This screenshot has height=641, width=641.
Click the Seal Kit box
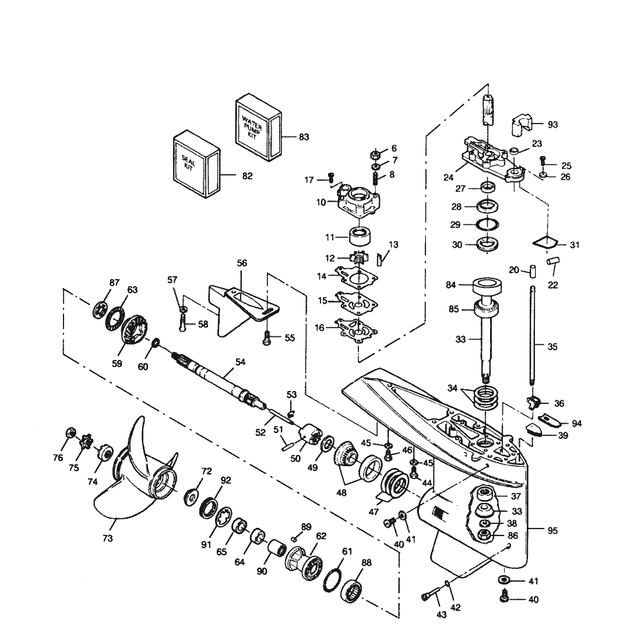click(x=196, y=164)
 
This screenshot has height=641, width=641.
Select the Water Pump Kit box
click(x=259, y=128)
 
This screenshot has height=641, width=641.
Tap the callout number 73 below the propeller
click(x=108, y=538)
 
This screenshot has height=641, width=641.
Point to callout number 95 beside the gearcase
click(x=552, y=531)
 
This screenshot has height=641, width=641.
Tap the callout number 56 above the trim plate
click(x=242, y=263)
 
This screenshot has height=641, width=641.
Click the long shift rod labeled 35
click(x=532, y=335)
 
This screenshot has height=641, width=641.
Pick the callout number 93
click(x=552, y=124)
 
